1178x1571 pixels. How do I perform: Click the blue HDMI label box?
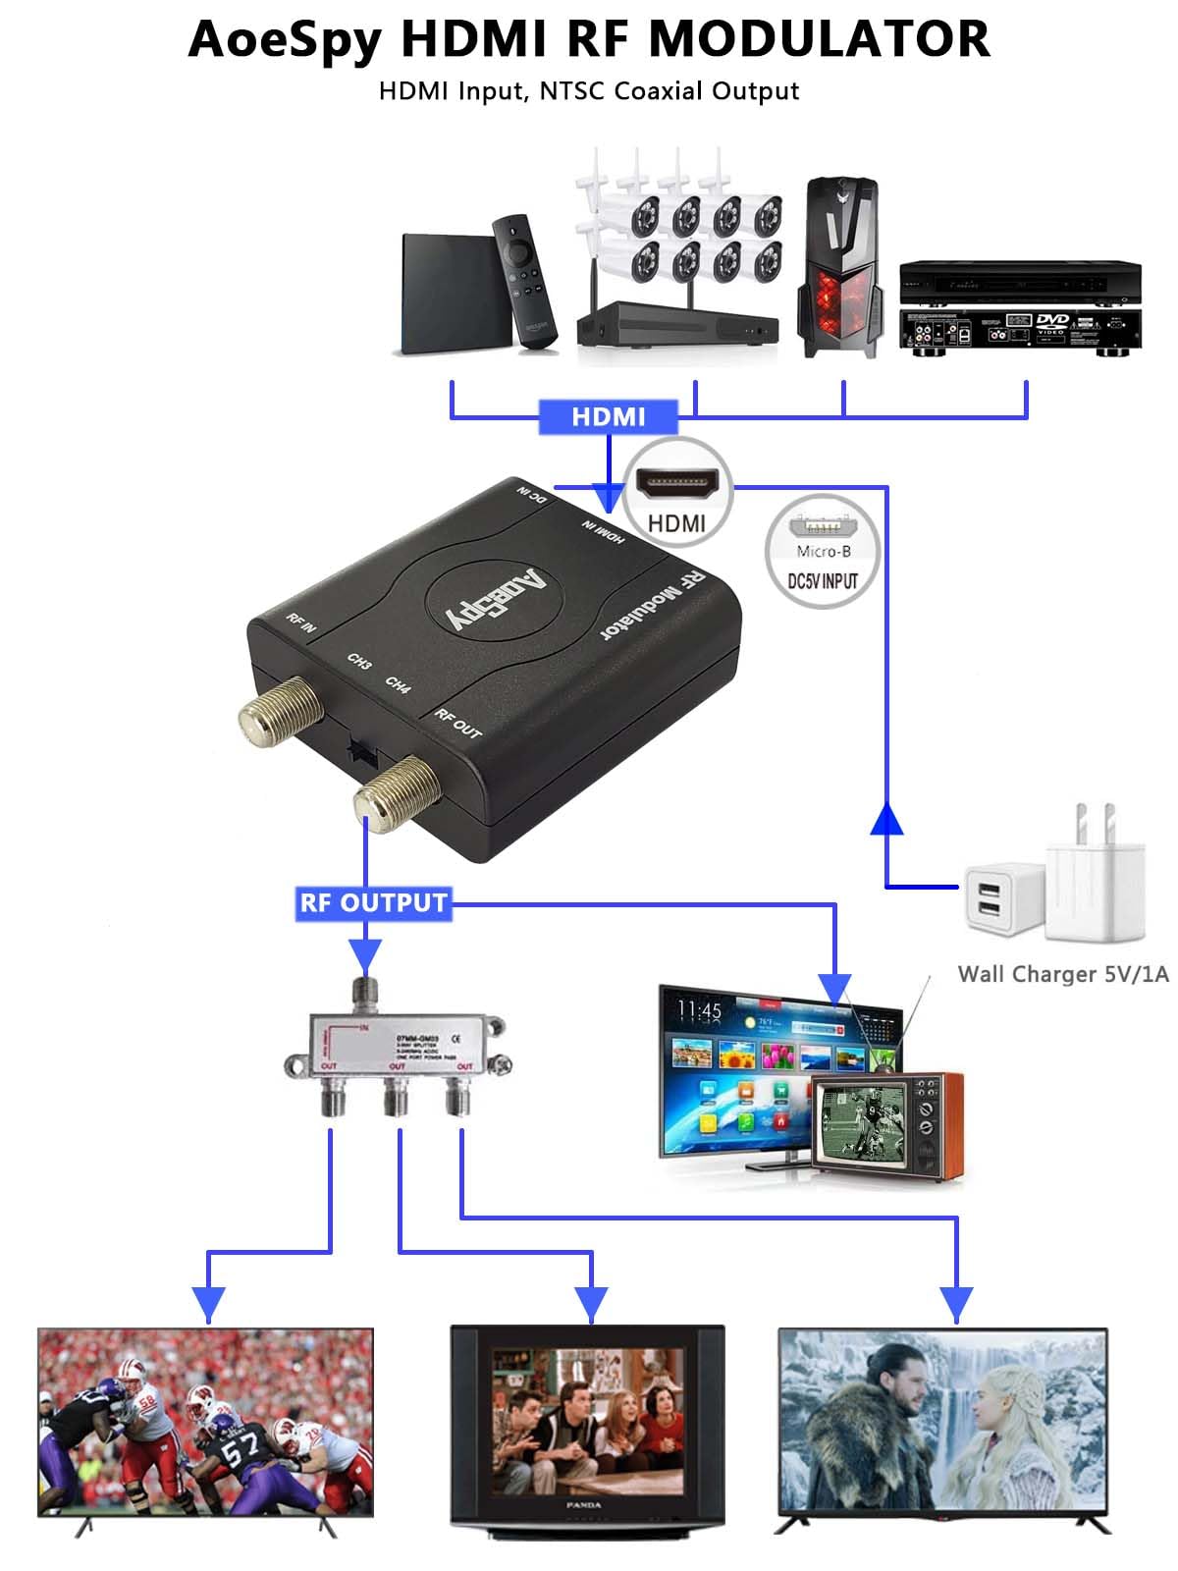click(609, 416)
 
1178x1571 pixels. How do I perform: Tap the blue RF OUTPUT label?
click(373, 902)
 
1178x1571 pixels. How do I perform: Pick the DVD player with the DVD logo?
click(1020, 330)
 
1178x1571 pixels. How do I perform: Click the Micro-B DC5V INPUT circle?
click(823, 552)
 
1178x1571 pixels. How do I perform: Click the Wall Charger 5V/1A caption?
click(1063, 974)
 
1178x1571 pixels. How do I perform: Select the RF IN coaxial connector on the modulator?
click(279, 710)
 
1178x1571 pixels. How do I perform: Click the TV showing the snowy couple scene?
click(943, 1423)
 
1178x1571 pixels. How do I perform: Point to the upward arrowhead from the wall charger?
click(886, 819)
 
